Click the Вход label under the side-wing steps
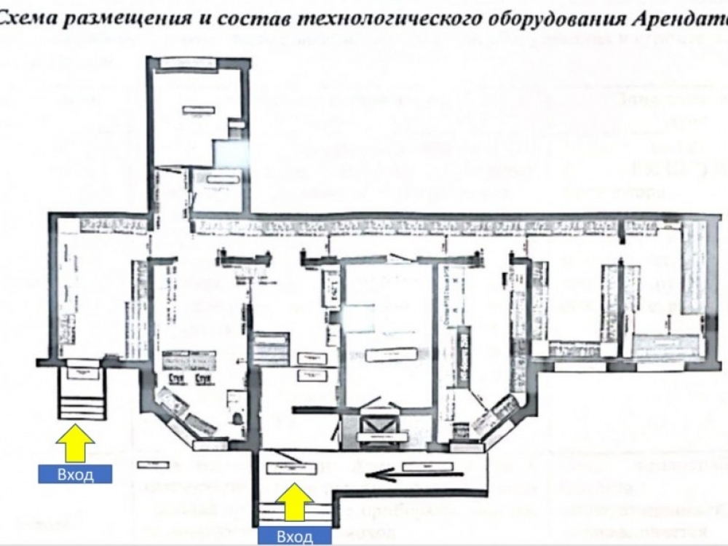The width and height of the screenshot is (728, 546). pyautogui.click(x=76, y=475)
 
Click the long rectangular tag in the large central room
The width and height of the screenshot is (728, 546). pyautogui.click(x=392, y=355)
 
